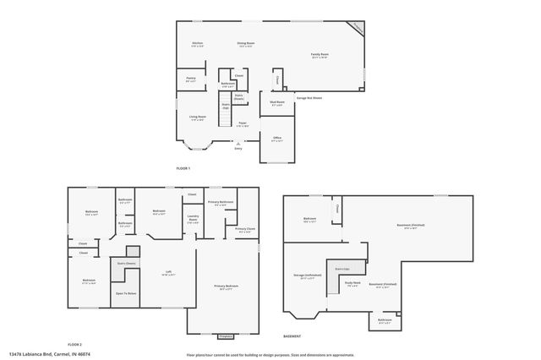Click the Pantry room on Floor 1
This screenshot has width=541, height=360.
click(x=191, y=79)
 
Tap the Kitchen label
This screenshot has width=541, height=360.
click(x=197, y=44)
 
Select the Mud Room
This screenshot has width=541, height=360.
click(x=276, y=103)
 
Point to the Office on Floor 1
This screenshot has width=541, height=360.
click(x=276, y=139)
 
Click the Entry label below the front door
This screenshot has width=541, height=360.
click(x=238, y=149)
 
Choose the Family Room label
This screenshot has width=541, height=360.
click(x=320, y=55)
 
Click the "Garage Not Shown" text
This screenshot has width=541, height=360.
click(x=309, y=97)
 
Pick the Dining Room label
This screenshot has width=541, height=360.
click(x=246, y=44)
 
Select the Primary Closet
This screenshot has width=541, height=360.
click(x=245, y=230)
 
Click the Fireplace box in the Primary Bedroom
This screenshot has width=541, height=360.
click(x=225, y=336)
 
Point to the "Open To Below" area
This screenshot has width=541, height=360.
click(x=126, y=293)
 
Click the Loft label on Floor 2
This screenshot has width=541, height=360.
click(x=168, y=272)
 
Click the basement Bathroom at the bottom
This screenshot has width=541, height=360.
click(x=385, y=320)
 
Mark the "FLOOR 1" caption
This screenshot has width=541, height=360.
click(x=183, y=169)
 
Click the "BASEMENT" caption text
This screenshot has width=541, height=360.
click(x=292, y=335)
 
